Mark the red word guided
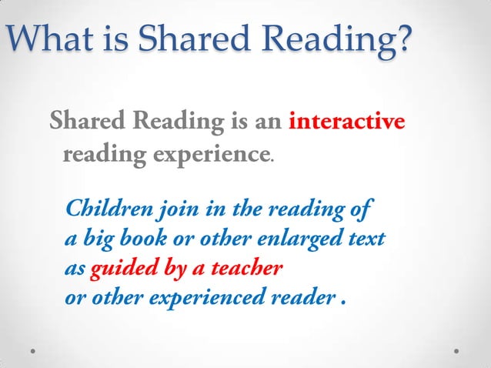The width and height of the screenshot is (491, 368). click(x=118, y=269)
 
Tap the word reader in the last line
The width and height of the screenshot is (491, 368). click(x=299, y=299)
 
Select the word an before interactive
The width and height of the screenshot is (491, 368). click(x=270, y=122)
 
